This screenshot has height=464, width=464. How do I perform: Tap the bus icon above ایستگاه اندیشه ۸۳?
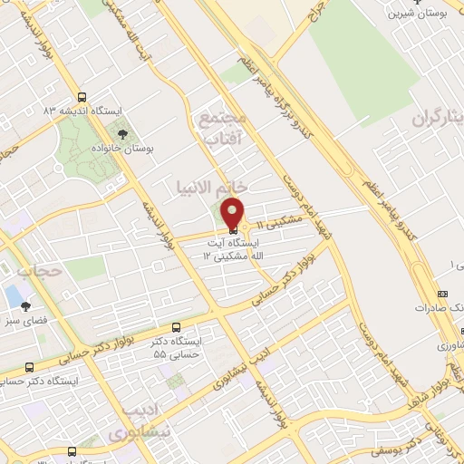tap(82, 96)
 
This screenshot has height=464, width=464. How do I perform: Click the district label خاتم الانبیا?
tap(210, 185)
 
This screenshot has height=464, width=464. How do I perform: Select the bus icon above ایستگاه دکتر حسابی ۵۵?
tap(175, 327)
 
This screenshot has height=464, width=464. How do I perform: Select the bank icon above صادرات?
tap(442, 294)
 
